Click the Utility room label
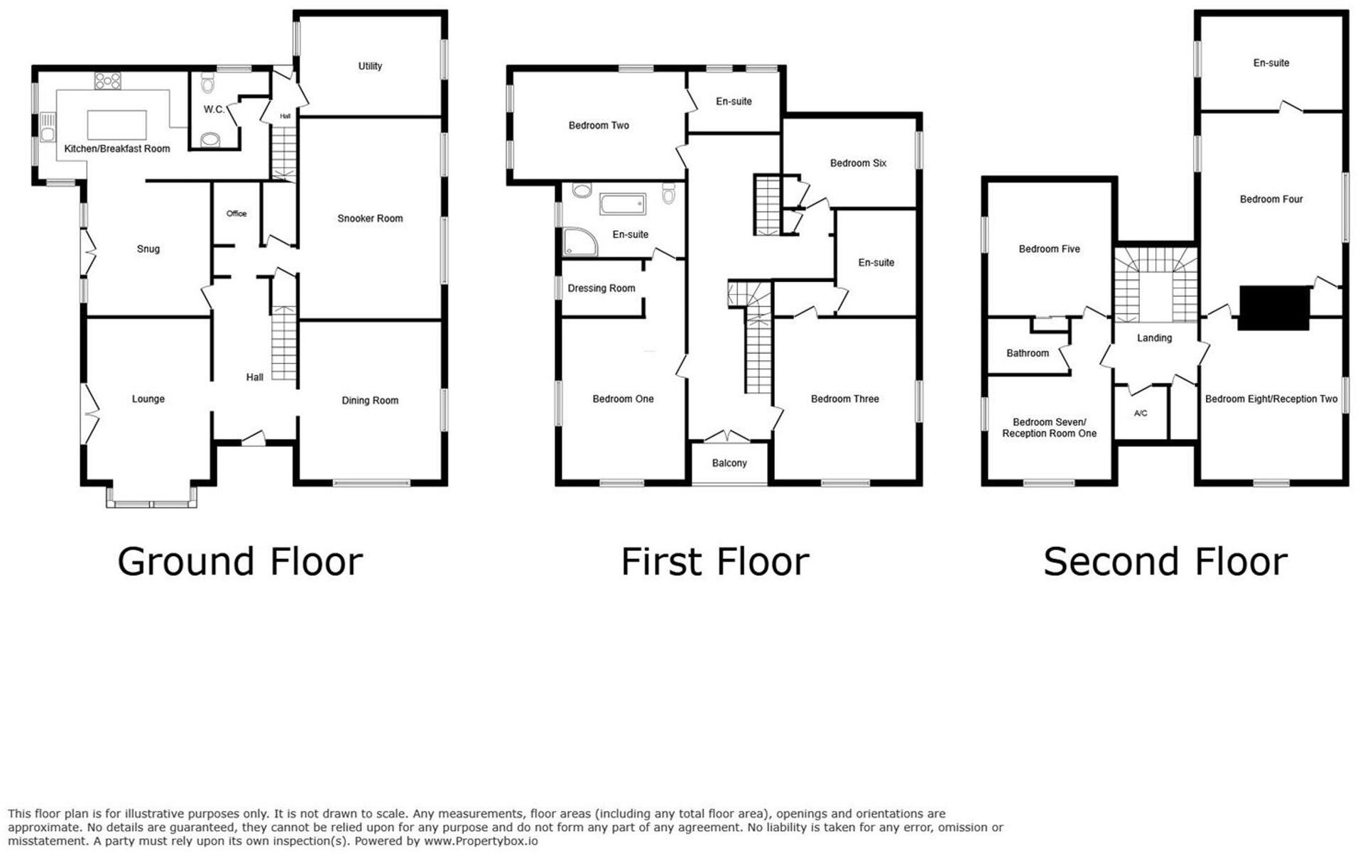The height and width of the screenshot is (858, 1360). [x=369, y=66]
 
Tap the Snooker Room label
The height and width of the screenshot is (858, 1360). [x=369, y=219]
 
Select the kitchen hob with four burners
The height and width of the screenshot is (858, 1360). [x=108, y=80]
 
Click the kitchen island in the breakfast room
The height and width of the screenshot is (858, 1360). [x=116, y=125]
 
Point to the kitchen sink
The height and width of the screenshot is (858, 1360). [x=48, y=128]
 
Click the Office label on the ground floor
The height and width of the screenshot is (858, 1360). [x=236, y=214]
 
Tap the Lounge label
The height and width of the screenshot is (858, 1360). [x=148, y=399]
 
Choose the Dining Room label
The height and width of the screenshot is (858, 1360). [x=369, y=401]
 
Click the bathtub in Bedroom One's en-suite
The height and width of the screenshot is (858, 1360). [x=622, y=204]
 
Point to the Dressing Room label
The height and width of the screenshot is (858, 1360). [x=601, y=288]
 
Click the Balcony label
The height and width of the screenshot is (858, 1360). [x=729, y=463]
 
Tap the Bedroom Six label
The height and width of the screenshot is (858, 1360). [x=858, y=163]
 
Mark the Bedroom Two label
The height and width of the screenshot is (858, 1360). [x=598, y=126]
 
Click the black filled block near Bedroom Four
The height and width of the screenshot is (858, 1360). [x=1273, y=308]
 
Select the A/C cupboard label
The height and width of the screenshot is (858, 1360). [x=1140, y=413]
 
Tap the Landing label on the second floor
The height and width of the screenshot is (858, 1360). [x=1153, y=338]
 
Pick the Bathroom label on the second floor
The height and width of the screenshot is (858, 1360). [x=1027, y=353]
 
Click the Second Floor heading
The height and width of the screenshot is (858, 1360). [x=1165, y=562]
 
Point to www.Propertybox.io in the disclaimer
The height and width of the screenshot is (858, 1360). [x=481, y=842]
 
